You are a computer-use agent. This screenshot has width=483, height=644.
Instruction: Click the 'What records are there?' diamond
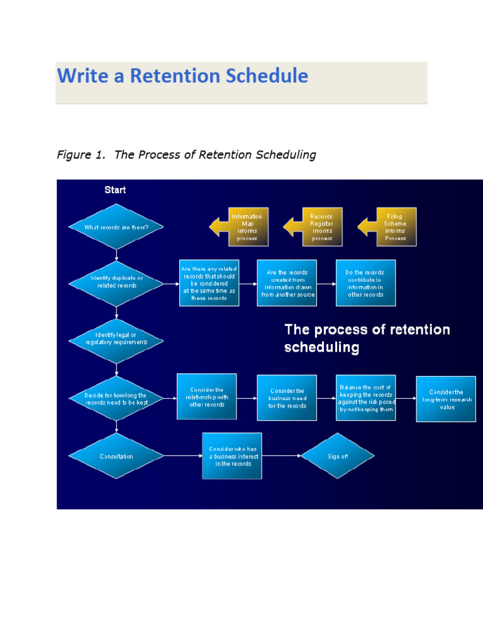tap(116, 227)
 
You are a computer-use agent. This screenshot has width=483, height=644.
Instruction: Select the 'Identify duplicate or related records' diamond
tap(116, 282)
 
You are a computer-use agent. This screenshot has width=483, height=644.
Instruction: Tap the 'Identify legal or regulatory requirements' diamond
tap(116, 339)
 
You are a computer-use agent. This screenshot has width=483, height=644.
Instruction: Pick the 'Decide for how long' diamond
tap(116, 399)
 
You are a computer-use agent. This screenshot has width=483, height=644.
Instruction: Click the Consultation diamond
tap(116, 456)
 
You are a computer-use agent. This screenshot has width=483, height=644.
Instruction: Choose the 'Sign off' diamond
tap(338, 456)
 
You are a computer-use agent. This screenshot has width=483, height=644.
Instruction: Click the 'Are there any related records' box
tap(209, 283)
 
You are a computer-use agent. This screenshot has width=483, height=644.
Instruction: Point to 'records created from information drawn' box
tap(287, 283)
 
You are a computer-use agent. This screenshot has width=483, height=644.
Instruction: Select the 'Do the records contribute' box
tap(365, 283)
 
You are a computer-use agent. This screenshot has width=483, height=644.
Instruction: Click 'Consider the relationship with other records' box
tap(206, 397)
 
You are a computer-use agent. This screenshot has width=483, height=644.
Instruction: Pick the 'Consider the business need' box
tap(287, 398)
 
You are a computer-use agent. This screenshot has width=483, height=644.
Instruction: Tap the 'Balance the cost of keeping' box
tap(365, 398)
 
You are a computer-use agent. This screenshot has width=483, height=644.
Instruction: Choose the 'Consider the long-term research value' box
tap(446, 399)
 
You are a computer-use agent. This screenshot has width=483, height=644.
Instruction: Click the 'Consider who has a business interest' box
tap(232, 456)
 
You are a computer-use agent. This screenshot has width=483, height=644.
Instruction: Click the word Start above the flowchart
tap(115, 190)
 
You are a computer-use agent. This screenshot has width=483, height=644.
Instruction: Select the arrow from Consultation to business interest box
tap(183, 456)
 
